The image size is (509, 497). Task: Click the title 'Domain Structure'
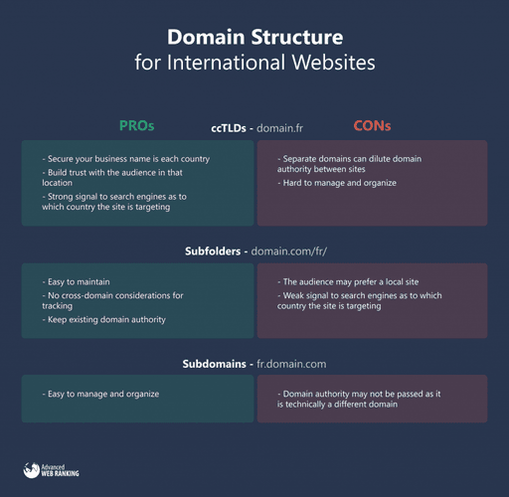click(x=254, y=38)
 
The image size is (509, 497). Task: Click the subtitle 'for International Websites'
click(x=254, y=64)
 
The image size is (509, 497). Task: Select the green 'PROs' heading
click(x=137, y=126)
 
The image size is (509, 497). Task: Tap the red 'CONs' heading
click(x=373, y=126)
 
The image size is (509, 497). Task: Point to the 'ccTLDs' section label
click(x=231, y=128)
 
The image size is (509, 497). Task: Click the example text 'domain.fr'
click(x=279, y=128)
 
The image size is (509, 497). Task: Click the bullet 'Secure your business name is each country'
click(x=132, y=159)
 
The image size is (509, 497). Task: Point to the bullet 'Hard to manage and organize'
click(x=340, y=183)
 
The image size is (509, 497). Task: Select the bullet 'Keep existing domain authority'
click(x=105, y=319)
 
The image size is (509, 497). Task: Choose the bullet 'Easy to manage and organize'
click(x=101, y=394)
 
